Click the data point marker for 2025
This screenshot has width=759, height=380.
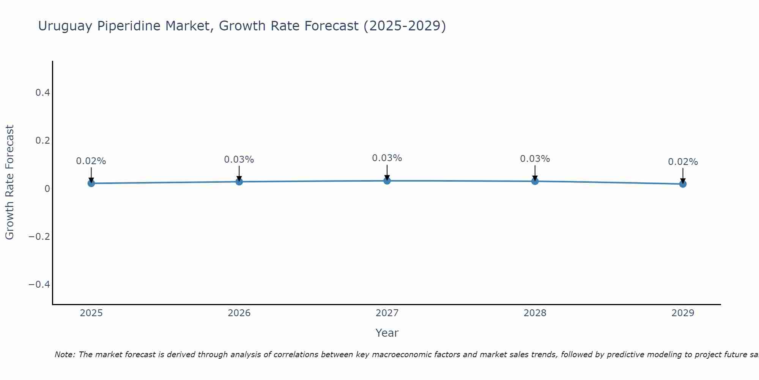(91, 184)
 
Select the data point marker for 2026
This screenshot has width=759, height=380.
(239, 182)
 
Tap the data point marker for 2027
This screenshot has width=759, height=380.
(387, 180)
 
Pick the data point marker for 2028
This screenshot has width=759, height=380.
(535, 181)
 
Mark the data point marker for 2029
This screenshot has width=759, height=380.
(683, 184)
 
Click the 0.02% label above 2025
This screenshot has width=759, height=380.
(91, 161)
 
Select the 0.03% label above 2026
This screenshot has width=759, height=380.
(239, 160)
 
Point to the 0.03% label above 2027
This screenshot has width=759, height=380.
(387, 158)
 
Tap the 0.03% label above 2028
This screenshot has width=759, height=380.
(535, 159)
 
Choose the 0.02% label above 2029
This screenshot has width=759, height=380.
(683, 162)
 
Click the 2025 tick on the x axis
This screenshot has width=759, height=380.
(91, 313)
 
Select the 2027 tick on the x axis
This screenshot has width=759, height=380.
(387, 313)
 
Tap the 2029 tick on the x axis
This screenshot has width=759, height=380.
(683, 313)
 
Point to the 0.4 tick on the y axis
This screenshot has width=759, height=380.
(43, 92)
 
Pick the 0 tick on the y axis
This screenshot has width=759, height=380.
(47, 188)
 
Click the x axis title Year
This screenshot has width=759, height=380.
(387, 333)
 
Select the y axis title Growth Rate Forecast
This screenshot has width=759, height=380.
(9, 182)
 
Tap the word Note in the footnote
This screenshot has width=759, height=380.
(65, 355)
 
